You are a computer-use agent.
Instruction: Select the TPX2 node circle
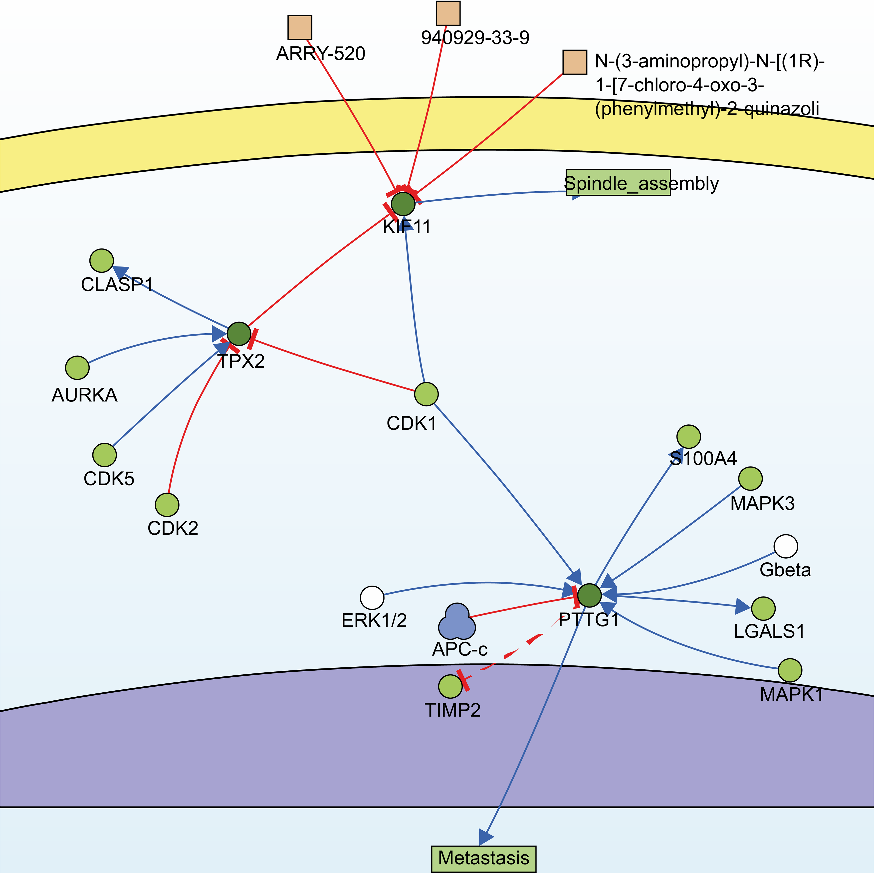238,334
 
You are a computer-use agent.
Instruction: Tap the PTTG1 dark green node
590,595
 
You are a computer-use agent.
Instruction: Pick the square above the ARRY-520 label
299,28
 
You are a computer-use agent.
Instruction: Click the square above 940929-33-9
448,13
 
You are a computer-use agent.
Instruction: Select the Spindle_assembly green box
618,183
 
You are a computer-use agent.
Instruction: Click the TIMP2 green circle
450,687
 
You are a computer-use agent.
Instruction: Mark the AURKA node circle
77,368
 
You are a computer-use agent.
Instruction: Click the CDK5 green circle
104,455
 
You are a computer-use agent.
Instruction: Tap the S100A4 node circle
688,437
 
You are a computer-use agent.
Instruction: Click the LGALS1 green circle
763,609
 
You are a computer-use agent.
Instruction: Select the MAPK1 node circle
790,670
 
